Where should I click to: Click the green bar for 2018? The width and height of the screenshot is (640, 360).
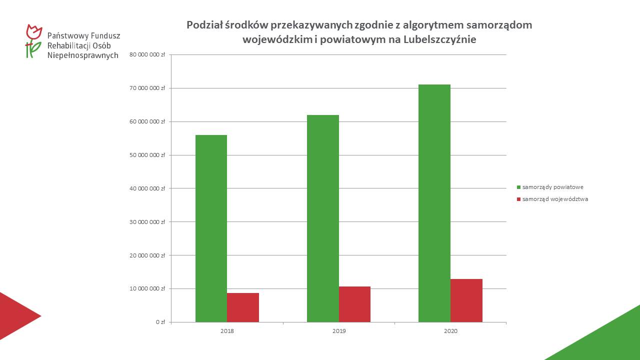[x=211, y=228]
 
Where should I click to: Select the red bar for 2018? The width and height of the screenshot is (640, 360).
[x=243, y=307]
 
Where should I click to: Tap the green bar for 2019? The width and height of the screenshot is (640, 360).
[x=322, y=218]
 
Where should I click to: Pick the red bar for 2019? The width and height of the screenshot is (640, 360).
[x=354, y=304]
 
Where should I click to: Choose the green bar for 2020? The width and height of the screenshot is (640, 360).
[x=434, y=203]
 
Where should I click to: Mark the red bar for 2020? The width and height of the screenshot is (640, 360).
[x=466, y=300]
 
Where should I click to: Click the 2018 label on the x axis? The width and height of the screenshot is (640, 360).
[x=227, y=331]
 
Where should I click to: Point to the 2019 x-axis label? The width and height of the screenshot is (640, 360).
[x=338, y=331]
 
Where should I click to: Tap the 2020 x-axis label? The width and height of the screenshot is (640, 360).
[x=450, y=331]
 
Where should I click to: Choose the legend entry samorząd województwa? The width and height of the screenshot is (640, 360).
[x=555, y=199]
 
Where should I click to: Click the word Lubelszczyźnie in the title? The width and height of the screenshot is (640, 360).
[x=439, y=39]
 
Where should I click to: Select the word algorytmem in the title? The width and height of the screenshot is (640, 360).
[x=433, y=25]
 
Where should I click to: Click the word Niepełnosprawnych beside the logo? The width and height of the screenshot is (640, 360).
[x=82, y=55]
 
